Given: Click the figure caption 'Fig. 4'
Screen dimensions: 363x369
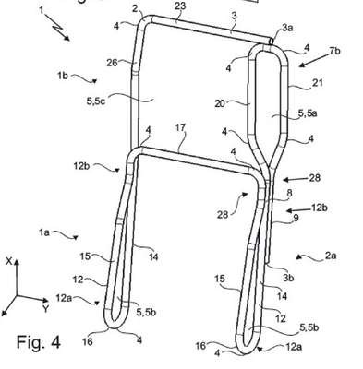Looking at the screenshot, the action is pyautogui.click(x=39, y=342).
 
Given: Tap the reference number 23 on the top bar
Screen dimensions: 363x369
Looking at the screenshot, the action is pyautogui.click(x=180, y=6).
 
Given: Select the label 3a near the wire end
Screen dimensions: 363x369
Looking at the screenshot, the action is pyautogui.click(x=287, y=28).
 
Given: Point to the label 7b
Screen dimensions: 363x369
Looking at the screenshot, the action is pyautogui.click(x=334, y=51).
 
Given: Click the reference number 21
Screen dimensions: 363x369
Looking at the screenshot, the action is pyautogui.click(x=317, y=82).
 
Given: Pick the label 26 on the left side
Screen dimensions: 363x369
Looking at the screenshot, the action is pyautogui.click(x=112, y=63).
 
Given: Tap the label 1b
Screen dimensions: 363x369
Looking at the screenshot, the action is pyautogui.click(x=63, y=76).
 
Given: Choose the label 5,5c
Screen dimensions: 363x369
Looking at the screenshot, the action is pyautogui.click(x=96, y=101).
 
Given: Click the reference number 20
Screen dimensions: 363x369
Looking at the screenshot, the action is pyautogui.click(x=220, y=103).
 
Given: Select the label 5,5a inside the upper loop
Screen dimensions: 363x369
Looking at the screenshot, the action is pyautogui.click(x=308, y=113).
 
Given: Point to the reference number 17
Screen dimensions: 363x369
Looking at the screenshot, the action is pyautogui.click(x=181, y=127).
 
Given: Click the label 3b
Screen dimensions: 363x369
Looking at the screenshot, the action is pyautogui.click(x=288, y=278).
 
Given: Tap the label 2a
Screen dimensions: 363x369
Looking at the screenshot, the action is pyautogui.click(x=331, y=256).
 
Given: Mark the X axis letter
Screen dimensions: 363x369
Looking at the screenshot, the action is pyautogui.click(x=9, y=261).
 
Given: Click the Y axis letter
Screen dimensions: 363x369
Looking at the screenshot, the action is pyautogui.click(x=46, y=308).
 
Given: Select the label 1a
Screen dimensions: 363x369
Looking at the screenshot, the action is pyautogui.click(x=44, y=232).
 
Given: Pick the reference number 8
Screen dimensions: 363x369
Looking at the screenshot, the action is pyautogui.click(x=289, y=193).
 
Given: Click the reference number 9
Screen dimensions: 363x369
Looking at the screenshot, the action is pyautogui.click(x=296, y=218).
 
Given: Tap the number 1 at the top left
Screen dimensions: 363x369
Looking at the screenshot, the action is pyautogui.click(x=42, y=10).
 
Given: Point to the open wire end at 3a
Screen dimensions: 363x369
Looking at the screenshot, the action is pyautogui.click(x=271, y=41).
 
